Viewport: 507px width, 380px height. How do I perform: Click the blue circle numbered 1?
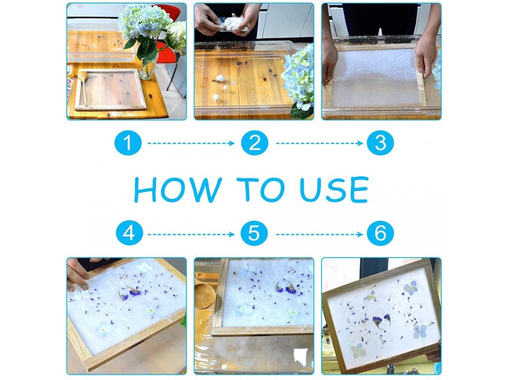point(128,143)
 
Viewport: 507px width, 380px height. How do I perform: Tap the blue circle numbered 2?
point(254,143)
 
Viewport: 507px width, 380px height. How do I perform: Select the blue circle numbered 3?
point(380,143)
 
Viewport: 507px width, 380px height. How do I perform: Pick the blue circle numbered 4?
point(129,233)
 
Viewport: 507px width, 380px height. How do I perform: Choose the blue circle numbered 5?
point(254,233)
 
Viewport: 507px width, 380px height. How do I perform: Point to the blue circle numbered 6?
point(380,233)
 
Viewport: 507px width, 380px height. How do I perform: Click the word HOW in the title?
point(178,190)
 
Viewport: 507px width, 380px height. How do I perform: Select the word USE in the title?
point(334,190)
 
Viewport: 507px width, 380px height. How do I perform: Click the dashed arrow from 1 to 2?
point(191,143)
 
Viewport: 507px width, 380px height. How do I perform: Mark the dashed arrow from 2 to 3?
point(319,143)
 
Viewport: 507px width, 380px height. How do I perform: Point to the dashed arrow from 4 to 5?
point(191,234)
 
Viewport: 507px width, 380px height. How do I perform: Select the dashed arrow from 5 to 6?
point(319,234)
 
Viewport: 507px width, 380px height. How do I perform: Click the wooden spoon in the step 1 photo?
point(82,87)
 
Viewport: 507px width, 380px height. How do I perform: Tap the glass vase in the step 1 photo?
point(148,66)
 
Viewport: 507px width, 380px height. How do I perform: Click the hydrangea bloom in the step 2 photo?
point(299,76)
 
